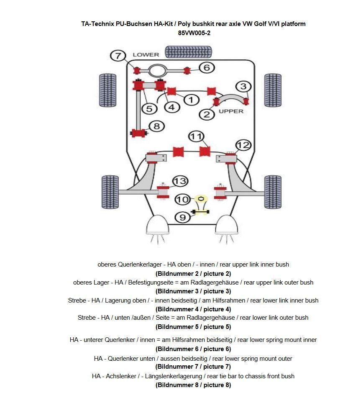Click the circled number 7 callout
click(118, 56)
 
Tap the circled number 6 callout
click(207, 67)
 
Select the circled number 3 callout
click(243, 87)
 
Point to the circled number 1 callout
click(191, 100)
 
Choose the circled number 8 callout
click(156, 126)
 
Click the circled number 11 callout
click(196, 136)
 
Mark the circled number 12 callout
click(243, 145)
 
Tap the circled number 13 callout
click(180, 181)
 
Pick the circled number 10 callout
click(182, 199)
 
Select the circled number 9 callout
click(182, 217)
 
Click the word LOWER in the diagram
click(146, 55)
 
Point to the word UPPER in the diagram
click(231, 111)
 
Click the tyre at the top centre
click(182, 51)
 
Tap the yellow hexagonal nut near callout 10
click(201, 198)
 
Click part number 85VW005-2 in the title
click(194, 33)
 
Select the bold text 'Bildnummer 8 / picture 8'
click(193, 385)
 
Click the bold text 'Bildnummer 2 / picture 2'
click(193, 274)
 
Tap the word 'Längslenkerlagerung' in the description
click(173, 376)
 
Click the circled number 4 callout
click(172, 107)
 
